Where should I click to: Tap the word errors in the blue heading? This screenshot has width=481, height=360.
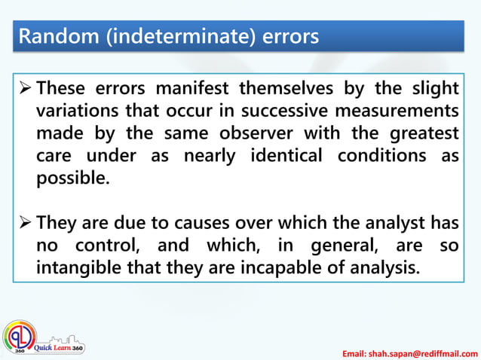[290, 36]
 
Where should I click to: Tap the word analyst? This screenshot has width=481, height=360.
[387, 223]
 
